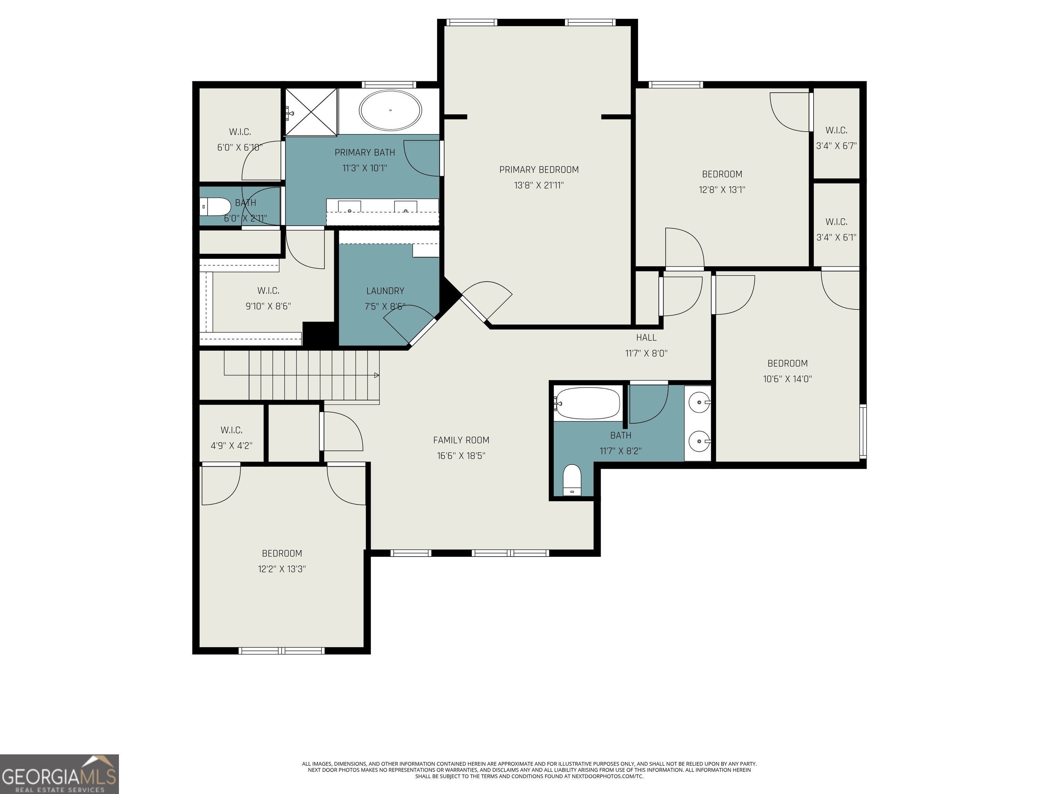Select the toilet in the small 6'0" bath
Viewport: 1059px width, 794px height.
tap(215, 207)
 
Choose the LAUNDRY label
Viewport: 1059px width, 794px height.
tap(385, 291)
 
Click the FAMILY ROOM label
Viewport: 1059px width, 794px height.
tap(461, 440)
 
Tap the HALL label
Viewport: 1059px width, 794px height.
tap(646, 337)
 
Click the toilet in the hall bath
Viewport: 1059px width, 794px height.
tap(572, 480)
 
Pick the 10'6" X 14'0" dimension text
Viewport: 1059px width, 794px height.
tap(788, 379)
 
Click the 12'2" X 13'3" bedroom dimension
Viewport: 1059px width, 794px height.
tap(282, 569)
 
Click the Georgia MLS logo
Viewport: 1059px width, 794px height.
tap(59, 774)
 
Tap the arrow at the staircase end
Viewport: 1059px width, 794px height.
tap(376, 375)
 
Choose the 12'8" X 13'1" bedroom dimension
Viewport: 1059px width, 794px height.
tap(722, 190)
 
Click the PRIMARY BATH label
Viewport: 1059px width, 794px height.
tap(365, 152)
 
